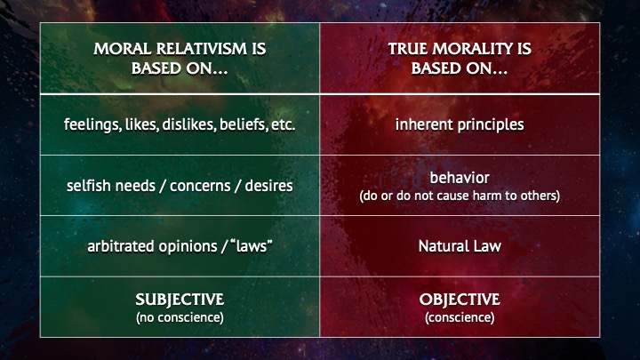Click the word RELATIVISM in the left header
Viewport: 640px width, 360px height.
[x=201, y=49]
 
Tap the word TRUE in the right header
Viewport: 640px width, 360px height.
[x=408, y=49]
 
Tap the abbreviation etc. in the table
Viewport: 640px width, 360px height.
[x=283, y=125]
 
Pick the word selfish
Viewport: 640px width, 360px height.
[x=89, y=186]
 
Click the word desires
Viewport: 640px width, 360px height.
[x=268, y=186]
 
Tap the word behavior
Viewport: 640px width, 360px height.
[x=460, y=178]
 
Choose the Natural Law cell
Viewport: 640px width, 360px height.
[x=460, y=246]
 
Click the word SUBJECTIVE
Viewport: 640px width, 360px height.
[x=180, y=300]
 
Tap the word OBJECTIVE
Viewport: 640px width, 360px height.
[x=460, y=300]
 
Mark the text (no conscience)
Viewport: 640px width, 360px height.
[x=180, y=317]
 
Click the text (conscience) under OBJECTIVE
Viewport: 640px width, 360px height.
[x=460, y=317]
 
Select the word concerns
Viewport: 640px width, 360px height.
[x=200, y=186]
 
